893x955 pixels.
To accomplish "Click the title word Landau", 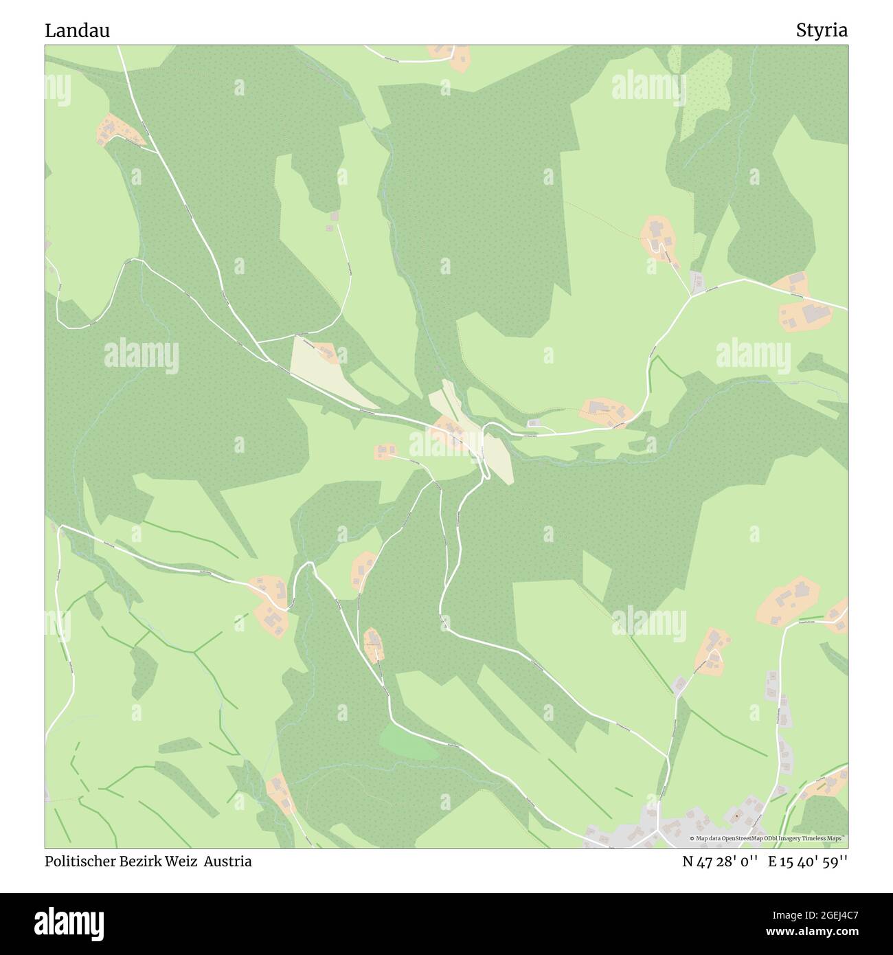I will [77, 30].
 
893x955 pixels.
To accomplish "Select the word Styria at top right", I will [822, 30].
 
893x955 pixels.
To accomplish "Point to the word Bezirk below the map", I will [139, 862].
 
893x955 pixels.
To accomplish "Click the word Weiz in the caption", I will [181, 862].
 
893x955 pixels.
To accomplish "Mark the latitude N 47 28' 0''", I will [720, 862].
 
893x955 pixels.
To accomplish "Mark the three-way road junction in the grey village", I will [657, 829].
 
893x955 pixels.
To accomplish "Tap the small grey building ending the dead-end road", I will [335, 216].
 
